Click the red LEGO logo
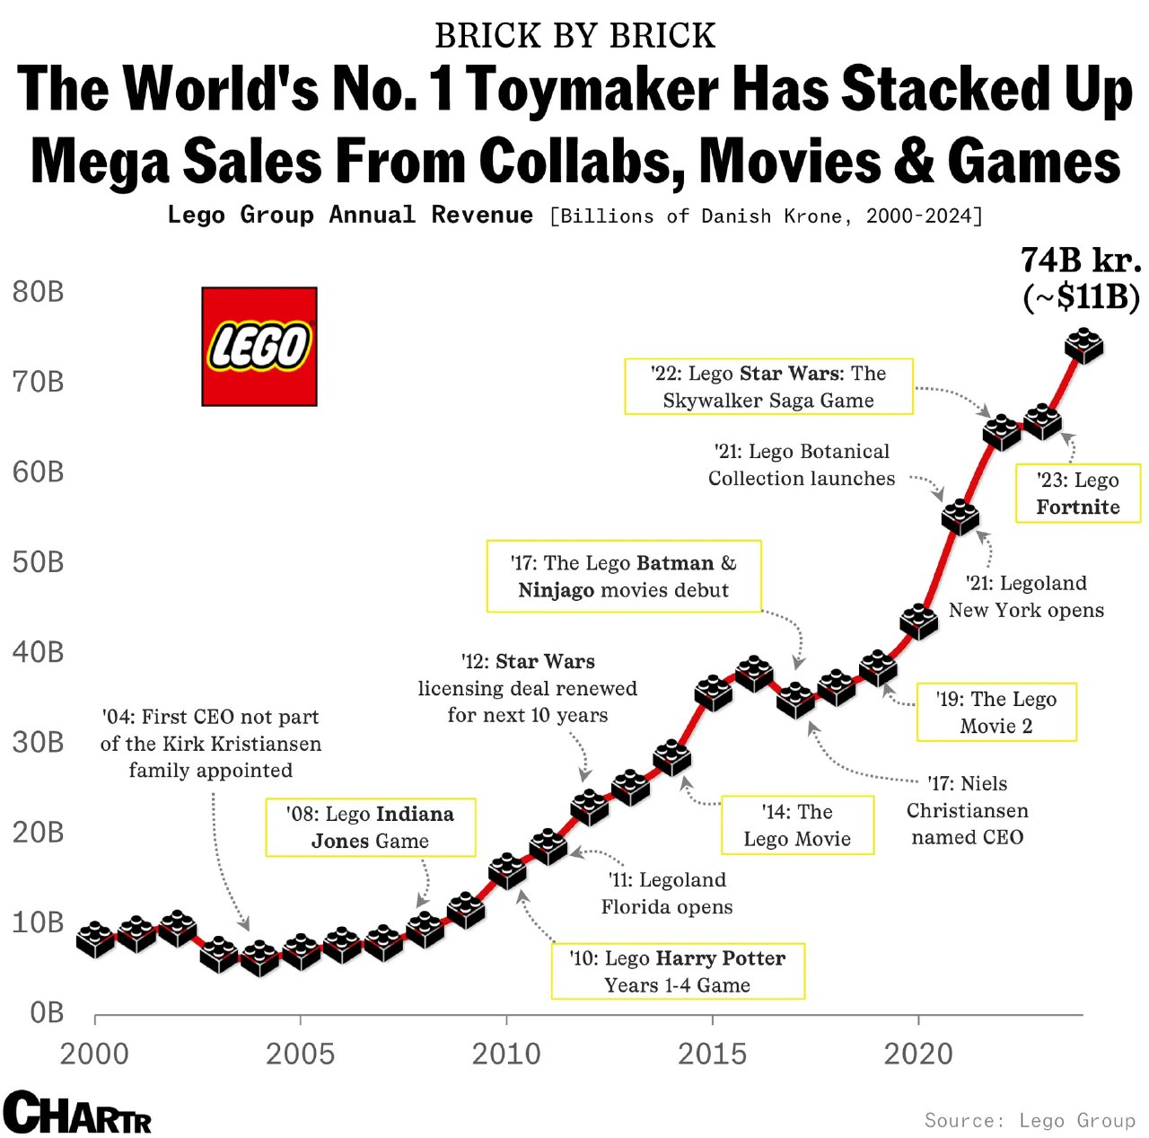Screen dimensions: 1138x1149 point(259,347)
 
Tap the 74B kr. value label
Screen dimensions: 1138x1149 point(1081,260)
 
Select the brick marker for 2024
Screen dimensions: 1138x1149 point(1083,346)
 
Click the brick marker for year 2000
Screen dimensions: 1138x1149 point(95,940)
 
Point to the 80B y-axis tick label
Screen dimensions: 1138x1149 point(39,292)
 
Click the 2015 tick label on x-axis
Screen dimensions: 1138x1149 point(712,1054)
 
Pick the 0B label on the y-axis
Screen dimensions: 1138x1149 point(47,1012)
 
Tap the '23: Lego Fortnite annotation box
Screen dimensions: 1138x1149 point(1077,493)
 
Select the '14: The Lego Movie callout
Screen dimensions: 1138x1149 point(797,825)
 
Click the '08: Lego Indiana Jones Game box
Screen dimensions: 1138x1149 point(370,827)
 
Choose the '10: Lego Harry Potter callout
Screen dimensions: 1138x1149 point(678,971)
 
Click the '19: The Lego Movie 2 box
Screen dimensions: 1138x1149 point(996,712)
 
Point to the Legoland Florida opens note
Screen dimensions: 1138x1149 point(667,893)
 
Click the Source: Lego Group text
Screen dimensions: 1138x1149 point(1030,1120)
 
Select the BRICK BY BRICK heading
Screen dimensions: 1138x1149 point(574,36)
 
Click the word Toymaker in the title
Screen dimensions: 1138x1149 point(593,90)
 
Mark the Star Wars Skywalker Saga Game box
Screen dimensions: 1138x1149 point(768,386)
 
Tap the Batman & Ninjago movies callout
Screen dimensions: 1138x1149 point(624,577)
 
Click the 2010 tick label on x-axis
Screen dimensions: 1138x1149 point(506,1054)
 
